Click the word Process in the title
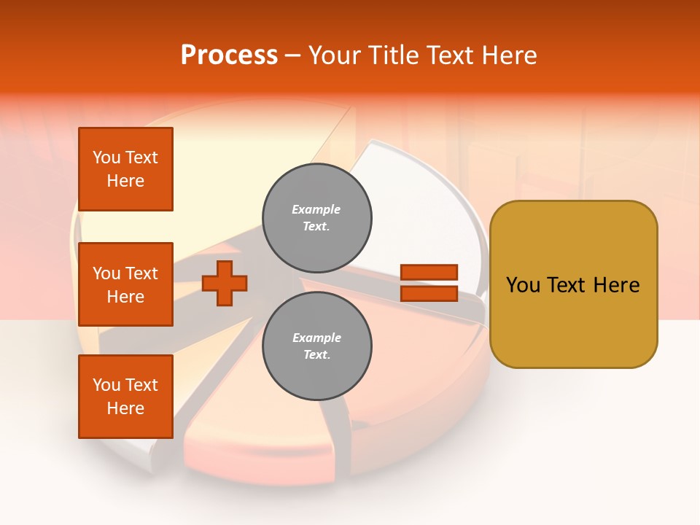[229, 55]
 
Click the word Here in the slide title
[509, 55]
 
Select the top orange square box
[125, 169]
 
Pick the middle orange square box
[125, 284]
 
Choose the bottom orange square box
[125, 397]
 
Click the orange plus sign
[225, 283]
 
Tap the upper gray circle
[316, 217]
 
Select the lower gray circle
[316, 346]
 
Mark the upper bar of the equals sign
[429, 273]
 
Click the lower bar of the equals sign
[429, 293]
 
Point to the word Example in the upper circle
[316, 209]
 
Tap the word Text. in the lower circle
[316, 355]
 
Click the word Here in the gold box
[615, 285]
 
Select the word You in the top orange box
[106, 157]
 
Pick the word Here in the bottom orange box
[125, 408]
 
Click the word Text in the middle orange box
[141, 273]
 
